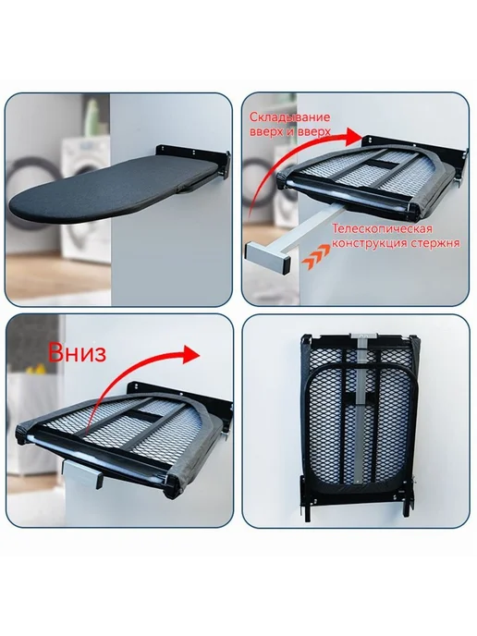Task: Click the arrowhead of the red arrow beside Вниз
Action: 192,354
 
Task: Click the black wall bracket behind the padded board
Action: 192,152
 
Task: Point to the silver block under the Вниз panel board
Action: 82,472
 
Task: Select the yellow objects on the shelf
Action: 34,368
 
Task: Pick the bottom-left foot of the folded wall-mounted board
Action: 305,506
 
